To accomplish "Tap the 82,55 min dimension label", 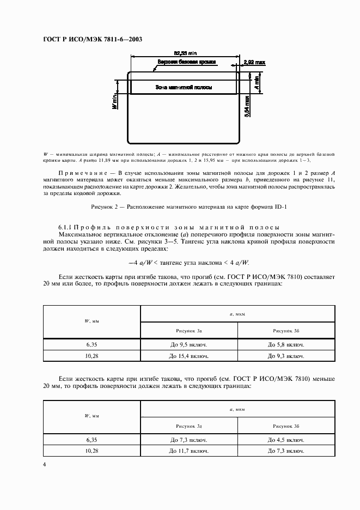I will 184,53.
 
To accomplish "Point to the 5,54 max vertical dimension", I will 248,107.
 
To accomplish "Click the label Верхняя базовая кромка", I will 187,63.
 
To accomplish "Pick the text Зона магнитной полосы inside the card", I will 184,87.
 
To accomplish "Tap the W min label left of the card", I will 115,102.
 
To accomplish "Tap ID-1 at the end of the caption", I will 264,207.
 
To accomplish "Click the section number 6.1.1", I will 66,227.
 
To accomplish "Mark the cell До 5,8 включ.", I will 285,345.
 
